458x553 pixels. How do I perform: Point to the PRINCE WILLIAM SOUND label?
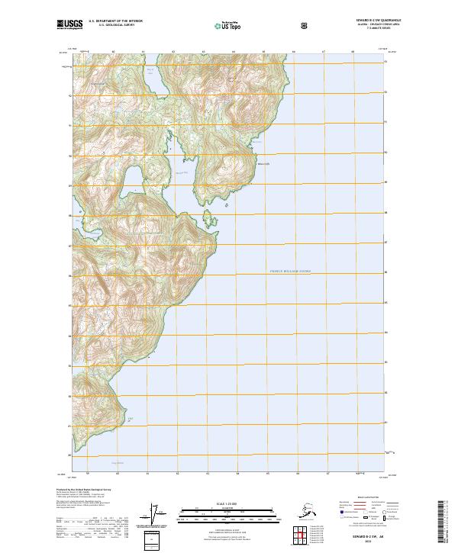[291, 271]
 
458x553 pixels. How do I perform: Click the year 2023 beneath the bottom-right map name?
[373, 542]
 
